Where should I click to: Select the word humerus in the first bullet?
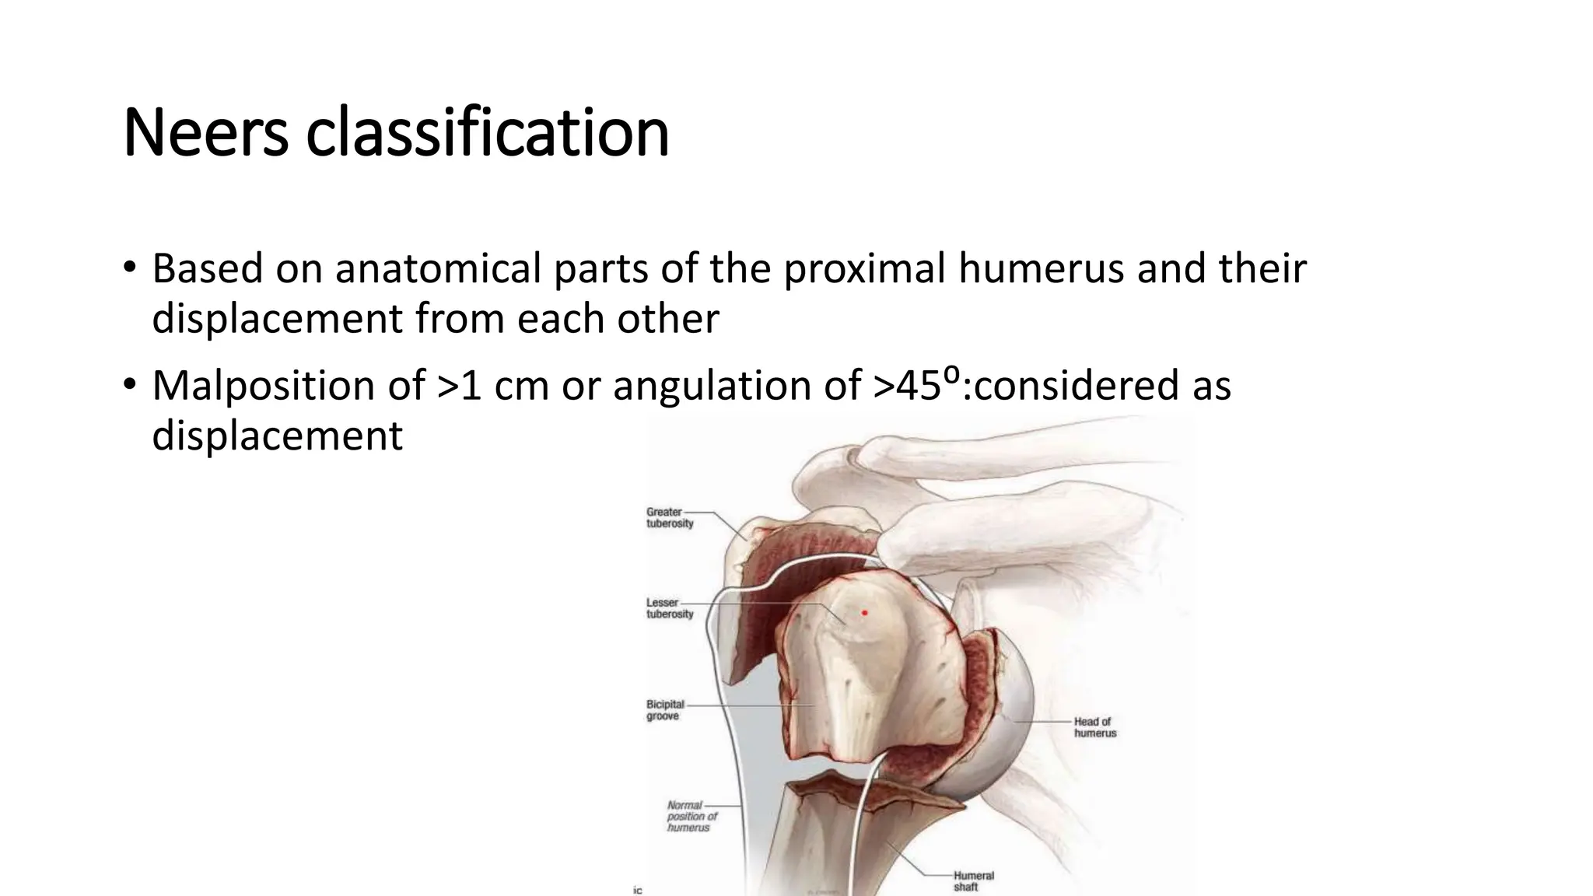[1041, 268]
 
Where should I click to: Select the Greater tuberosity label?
[669, 518]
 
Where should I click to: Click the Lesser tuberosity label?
[669, 608]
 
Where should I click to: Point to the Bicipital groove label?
[664, 710]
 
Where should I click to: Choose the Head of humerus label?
[1094, 727]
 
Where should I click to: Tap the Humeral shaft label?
[973, 881]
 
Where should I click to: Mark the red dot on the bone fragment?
[864, 613]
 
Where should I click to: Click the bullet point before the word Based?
[129, 270]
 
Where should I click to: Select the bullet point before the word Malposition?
[129, 387]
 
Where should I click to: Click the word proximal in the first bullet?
[866, 270]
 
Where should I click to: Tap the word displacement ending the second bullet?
[277, 436]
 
